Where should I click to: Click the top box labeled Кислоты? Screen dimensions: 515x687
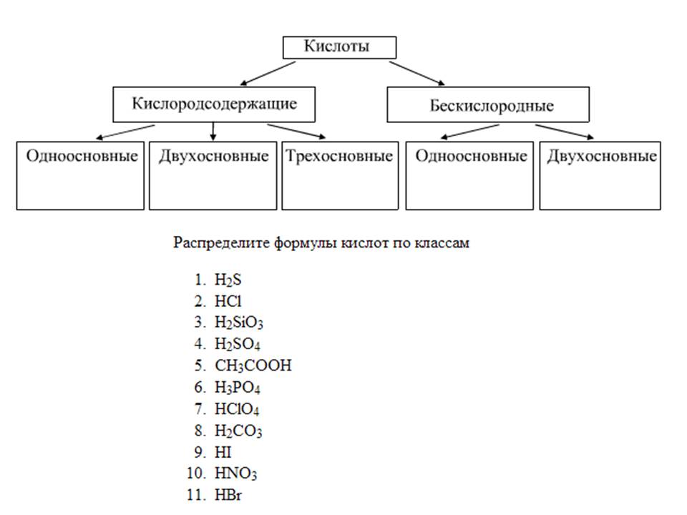[338, 47]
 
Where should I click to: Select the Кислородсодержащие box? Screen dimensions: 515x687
[214, 103]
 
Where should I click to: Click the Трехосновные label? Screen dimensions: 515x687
[339, 156]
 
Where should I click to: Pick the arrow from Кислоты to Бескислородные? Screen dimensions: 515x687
[416, 73]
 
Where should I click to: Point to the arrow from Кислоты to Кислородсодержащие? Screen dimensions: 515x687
[268, 73]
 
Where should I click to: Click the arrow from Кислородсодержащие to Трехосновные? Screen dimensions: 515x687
[296, 131]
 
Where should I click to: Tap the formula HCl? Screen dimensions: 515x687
[228, 300]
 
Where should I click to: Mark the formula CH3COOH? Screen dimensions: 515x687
[253, 366]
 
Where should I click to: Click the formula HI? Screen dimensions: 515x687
[223, 453]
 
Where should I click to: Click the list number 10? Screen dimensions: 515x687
[197, 474]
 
